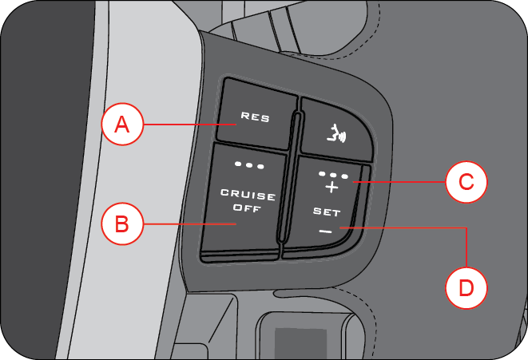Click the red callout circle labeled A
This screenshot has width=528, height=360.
point(121,125)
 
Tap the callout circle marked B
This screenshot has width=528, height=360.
point(121,225)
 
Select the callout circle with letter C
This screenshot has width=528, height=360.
point(465,182)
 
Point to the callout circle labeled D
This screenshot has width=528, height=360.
point(465,287)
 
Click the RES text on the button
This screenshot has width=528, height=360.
point(256,118)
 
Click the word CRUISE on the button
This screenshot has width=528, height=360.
point(248,196)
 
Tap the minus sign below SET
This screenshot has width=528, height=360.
point(324,231)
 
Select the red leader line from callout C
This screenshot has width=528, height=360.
point(399,183)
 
